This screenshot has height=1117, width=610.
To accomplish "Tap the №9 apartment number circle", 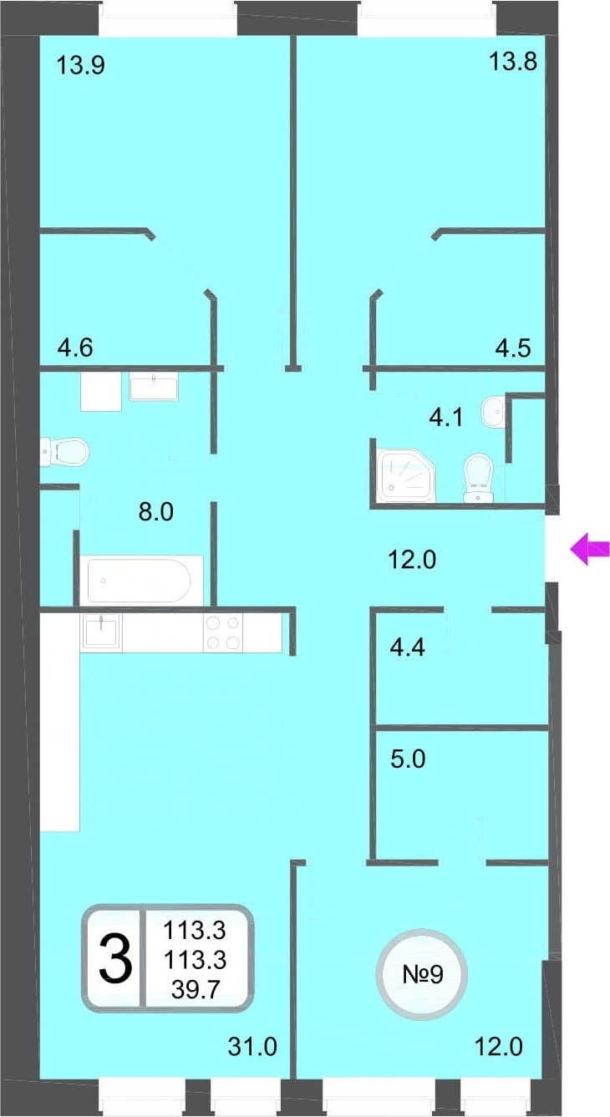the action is tap(423, 974).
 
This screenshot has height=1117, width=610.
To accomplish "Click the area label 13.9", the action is tap(80, 65).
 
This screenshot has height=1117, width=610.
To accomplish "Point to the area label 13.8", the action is tap(513, 62).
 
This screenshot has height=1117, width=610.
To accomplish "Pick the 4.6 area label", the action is tap(75, 348).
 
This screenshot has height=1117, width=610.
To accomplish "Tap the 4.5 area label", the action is tap(513, 348).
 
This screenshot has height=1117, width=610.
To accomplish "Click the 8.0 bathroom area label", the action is tap(155, 511).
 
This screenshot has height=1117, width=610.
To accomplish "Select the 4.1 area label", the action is tap(446, 417).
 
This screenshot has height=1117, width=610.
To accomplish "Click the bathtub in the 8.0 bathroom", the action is tap(140, 581).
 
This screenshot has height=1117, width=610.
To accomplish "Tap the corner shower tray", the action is tap(406, 475).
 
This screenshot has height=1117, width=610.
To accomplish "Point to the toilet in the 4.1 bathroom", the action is tap(478, 478).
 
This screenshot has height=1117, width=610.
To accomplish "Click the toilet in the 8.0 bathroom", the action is tap(64, 452).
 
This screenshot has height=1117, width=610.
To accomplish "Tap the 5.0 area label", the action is tap(408, 759).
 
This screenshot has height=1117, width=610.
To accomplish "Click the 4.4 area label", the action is tap(408, 647).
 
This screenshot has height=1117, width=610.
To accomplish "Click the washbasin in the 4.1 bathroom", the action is tap(493, 411).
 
